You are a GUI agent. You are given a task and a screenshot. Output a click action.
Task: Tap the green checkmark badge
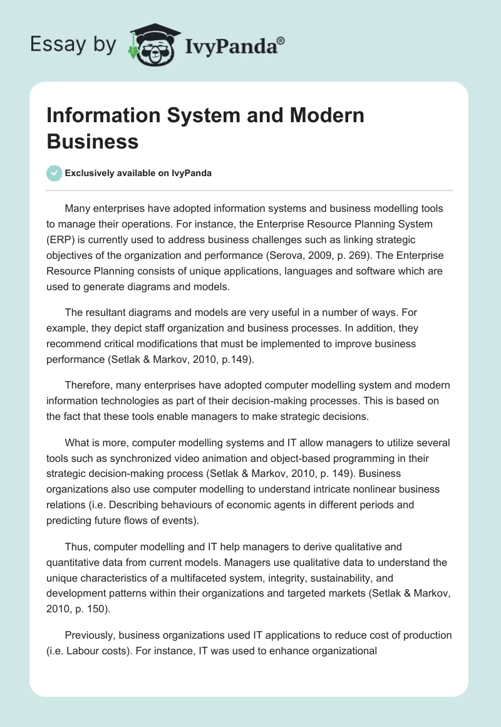(54, 173)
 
